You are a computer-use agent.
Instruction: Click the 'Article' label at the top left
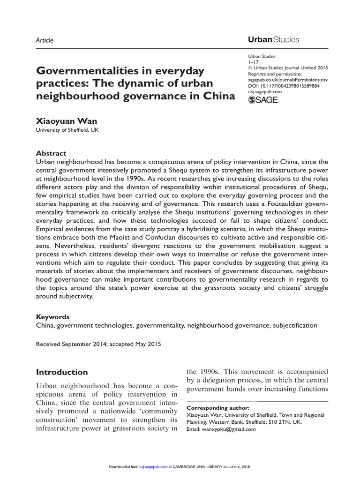coord(45,40)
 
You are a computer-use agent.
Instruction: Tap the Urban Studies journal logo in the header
coord(273,40)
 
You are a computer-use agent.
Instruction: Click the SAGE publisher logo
coord(262,100)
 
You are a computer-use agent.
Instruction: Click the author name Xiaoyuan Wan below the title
coord(67,121)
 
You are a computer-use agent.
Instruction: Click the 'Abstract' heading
coord(51,153)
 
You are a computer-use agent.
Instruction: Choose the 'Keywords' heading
coord(53,317)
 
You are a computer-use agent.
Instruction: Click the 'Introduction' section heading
coord(62,372)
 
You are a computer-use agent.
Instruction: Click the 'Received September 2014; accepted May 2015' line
coord(98,344)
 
